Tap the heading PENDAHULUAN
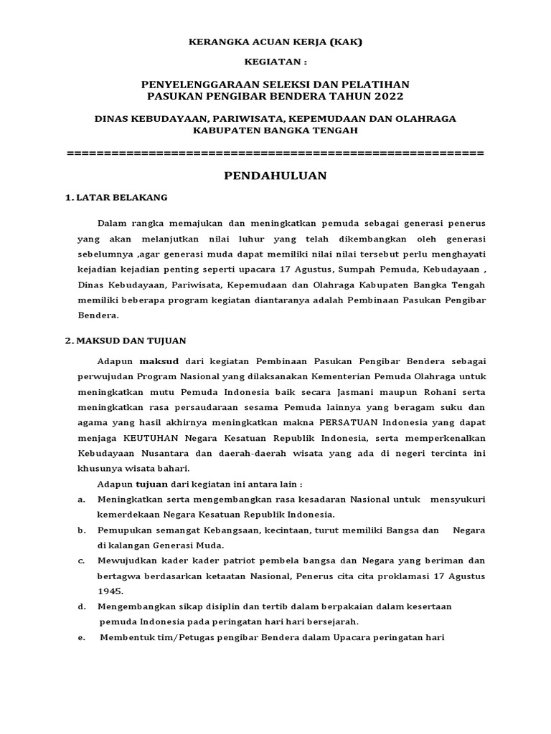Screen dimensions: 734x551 [x=275, y=176]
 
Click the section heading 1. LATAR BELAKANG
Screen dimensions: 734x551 [x=116, y=197]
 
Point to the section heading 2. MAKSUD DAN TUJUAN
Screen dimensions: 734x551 [x=126, y=341]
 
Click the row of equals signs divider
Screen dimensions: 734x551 [x=275, y=153]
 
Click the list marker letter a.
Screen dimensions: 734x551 [x=81, y=499]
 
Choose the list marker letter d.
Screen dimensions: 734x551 [x=81, y=606]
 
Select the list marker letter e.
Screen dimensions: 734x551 [x=81, y=638]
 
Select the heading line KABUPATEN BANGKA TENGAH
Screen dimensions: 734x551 [x=275, y=130]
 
